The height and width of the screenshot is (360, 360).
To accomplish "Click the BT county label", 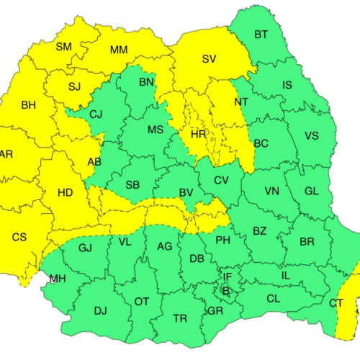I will tap(261, 34).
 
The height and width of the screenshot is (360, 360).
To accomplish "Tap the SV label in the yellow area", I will tap(209, 59).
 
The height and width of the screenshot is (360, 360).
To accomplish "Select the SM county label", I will tap(64, 47).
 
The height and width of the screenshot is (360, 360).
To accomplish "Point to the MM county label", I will tap(119, 50).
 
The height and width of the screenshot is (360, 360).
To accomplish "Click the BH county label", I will tap(28, 106).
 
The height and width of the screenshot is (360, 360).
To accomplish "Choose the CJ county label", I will tap(96, 114).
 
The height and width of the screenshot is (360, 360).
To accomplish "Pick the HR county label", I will tap(198, 135).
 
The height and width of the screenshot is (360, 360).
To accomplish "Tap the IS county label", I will tap(287, 86).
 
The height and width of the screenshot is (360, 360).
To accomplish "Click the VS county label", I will tap(312, 135).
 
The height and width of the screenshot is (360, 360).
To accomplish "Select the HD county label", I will tap(64, 192).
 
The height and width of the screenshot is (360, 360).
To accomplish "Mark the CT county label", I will tap(336, 303).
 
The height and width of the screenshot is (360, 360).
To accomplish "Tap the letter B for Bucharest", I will tap(225, 291).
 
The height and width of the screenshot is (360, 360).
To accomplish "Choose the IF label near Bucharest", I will tap(228, 276).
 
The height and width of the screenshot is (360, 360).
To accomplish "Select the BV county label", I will tap(186, 192).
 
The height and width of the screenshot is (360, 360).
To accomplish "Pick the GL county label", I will tap(312, 191).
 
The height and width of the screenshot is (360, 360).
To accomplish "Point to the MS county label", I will tap(156, 130).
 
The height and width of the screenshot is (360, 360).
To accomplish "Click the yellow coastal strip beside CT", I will tap(351, 295).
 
